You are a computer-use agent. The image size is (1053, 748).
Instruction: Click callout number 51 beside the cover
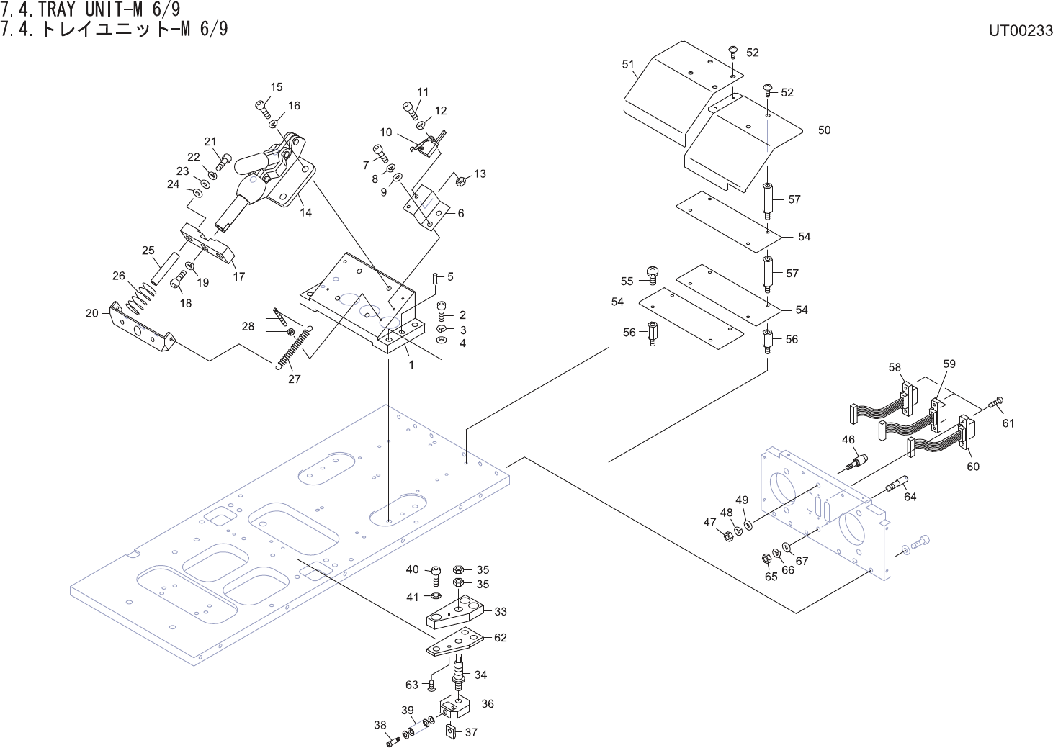point(628,64)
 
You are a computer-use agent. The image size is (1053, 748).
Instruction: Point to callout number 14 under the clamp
point(305,212)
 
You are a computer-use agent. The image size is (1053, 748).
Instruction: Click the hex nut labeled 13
point(461,181)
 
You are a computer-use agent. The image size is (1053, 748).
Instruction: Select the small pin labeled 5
point(435,278)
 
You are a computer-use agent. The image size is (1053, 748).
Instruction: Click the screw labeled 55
point(652,275)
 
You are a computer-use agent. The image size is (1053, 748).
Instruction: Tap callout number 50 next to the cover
point(824,130)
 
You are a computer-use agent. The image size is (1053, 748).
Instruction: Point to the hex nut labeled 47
point(727,536)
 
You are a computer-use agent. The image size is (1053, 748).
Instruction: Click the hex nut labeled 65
point(766,559)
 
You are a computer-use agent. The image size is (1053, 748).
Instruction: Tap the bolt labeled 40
point(436,575)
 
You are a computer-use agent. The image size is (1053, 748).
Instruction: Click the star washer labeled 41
point(436,596)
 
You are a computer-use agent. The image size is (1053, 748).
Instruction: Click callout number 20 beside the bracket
point(91,313)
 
